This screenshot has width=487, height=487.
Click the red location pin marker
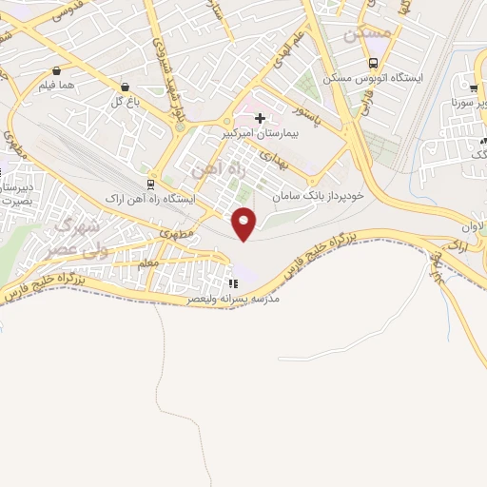point(244,223)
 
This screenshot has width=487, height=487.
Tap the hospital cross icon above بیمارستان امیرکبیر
point(260,119)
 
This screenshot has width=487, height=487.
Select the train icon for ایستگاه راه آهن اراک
point(149,185)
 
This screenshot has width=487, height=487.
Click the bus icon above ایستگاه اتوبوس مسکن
point(373,64)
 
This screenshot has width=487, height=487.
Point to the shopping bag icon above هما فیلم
point(57,70)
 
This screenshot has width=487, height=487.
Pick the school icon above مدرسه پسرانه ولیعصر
point(233,283)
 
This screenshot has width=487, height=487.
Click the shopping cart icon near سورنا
point(474,88)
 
